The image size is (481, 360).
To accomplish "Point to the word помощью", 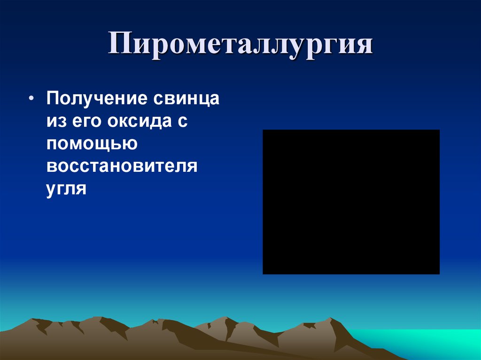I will [x=92, y=144].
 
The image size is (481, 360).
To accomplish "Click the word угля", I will [x=66, y=189].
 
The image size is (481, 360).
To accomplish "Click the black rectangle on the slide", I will [x=351, y=202].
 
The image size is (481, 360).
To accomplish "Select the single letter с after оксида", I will [x=183, y=121].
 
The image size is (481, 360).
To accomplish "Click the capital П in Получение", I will [x=53, y=99].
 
